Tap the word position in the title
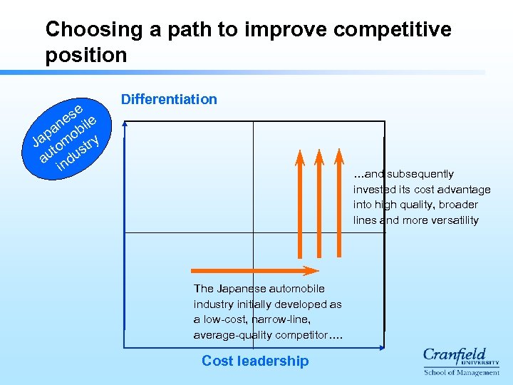pyautogui.click(x=85, y=55)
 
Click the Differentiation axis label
pyautogui.click(x=169, y=99)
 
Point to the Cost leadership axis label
pyautogui.click(x=255, y=361)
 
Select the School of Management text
pyautogui.click(x=462, y=372)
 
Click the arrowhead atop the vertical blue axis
pyautogui.click(x=125, y=123)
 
